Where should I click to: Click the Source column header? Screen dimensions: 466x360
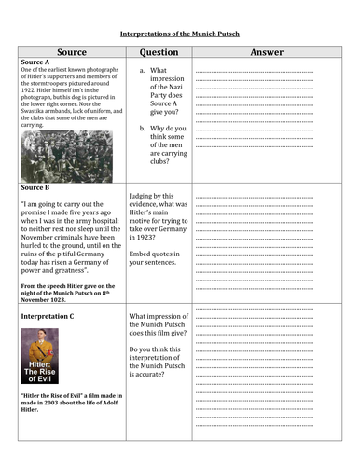70,53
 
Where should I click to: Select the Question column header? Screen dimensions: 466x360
158,53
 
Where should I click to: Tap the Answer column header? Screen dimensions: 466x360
267,53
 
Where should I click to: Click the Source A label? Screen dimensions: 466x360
36,62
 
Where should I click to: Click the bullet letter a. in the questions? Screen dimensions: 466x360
142,70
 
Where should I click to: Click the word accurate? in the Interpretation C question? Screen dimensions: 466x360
152,383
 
